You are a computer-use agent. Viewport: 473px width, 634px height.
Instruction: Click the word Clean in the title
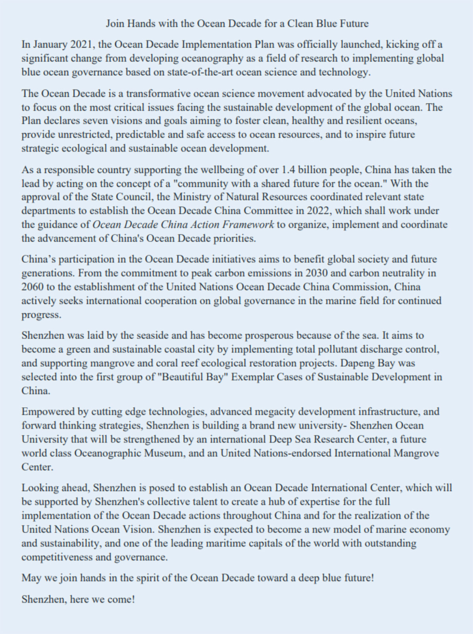pyautogui.click(x=300, y=24)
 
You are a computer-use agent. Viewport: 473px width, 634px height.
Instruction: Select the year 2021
pyautogui.click(x=81, y=45)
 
